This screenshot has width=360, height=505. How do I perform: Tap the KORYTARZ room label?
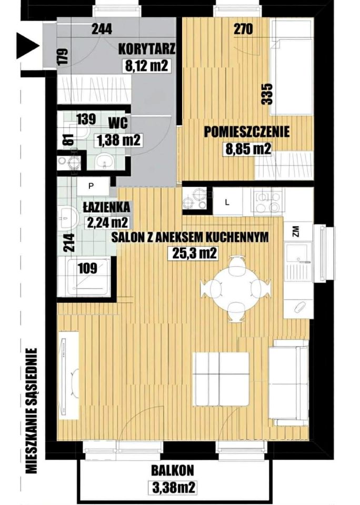point(147,49)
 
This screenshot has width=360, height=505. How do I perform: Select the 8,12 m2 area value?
point(146,66)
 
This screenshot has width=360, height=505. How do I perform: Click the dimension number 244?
point(102,29)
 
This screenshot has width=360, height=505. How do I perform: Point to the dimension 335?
point(267,94)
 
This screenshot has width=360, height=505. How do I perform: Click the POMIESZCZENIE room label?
point(247,132)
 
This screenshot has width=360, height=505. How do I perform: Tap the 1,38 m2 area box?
point(119,140)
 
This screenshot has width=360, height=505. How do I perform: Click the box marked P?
point(91,186)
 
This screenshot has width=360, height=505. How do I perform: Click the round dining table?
point(236,288)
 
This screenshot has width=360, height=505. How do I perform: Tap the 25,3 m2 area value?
point(193,253)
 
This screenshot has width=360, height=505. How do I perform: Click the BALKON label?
point(173,470)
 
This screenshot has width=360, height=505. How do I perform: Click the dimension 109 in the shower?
point(88,268)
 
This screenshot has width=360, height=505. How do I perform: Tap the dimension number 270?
point(243,29)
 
